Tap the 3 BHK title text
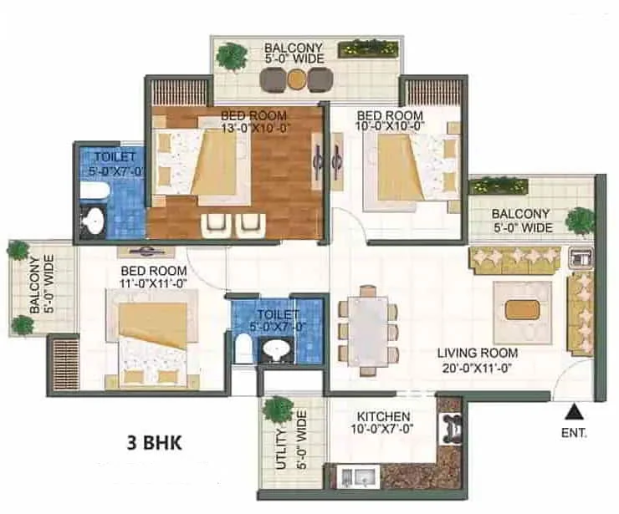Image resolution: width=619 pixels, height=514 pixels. point(155,443)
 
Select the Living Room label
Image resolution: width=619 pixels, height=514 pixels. point(478,353)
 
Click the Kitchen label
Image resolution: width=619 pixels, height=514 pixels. point(383,416)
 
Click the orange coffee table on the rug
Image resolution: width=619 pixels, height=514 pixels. point(522,310)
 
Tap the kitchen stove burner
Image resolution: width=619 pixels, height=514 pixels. point(451,428)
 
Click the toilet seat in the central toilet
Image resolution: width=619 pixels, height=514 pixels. point(242,347)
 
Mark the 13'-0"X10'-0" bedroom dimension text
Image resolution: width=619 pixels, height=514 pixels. point(256,128)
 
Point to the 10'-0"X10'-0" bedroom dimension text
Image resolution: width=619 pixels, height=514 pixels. point(390,127)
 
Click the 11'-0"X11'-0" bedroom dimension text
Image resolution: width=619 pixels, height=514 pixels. point(153,283)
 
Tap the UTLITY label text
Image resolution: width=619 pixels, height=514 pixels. point(281,449)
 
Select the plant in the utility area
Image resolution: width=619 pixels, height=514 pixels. point(279,410)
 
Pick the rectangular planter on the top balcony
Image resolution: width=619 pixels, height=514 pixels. point(367,48)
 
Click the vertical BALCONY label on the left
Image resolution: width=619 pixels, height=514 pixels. point(35,286)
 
